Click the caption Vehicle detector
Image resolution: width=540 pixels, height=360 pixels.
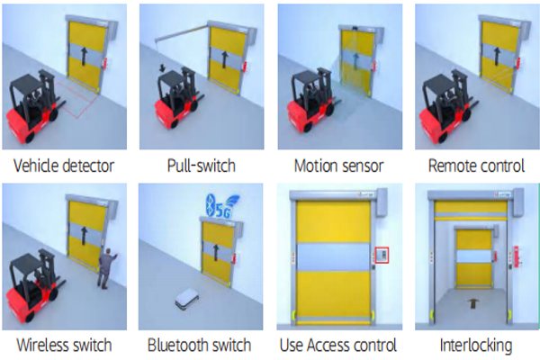(x=66, y=166)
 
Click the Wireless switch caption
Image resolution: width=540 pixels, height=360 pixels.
(x=66, y=345)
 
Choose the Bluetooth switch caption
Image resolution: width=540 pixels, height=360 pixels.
(x=200, y=345)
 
